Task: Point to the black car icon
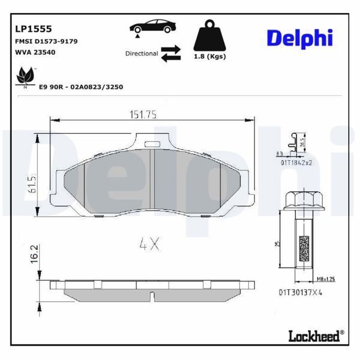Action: click(x=153, y=28)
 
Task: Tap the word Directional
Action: click(x=142, y=53)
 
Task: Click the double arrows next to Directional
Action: click(x=171, y=53)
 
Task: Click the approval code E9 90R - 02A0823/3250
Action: click(x=81, y=87)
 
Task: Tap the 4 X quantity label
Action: click(x=148, y=244)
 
